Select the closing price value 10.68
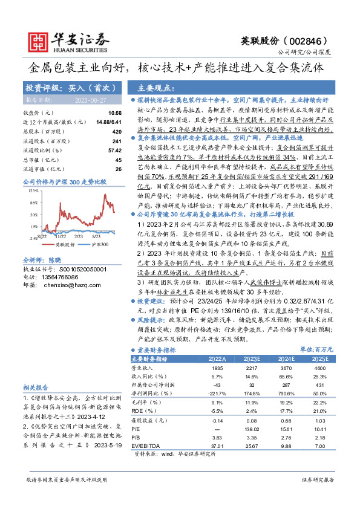(x=114, y=113)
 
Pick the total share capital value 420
(x=117, y=131)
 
